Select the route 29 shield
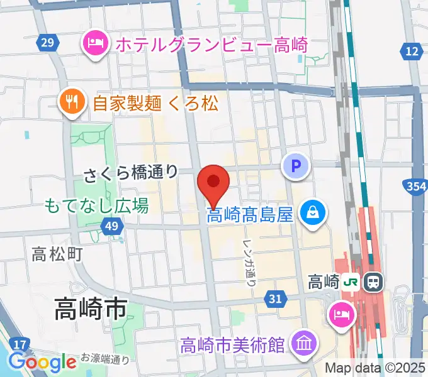click(46, 42)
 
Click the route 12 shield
click(413, 52)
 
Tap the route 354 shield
click(415, 187)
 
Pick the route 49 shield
click(111, 226)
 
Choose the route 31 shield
click(274, 299)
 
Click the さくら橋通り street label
click(132, 172)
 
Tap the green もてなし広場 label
click(96, 205)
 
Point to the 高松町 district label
click(57, 254)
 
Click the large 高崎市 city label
click(91, 309)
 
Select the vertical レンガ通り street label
click(249, 254)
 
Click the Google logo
click(42, 361)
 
